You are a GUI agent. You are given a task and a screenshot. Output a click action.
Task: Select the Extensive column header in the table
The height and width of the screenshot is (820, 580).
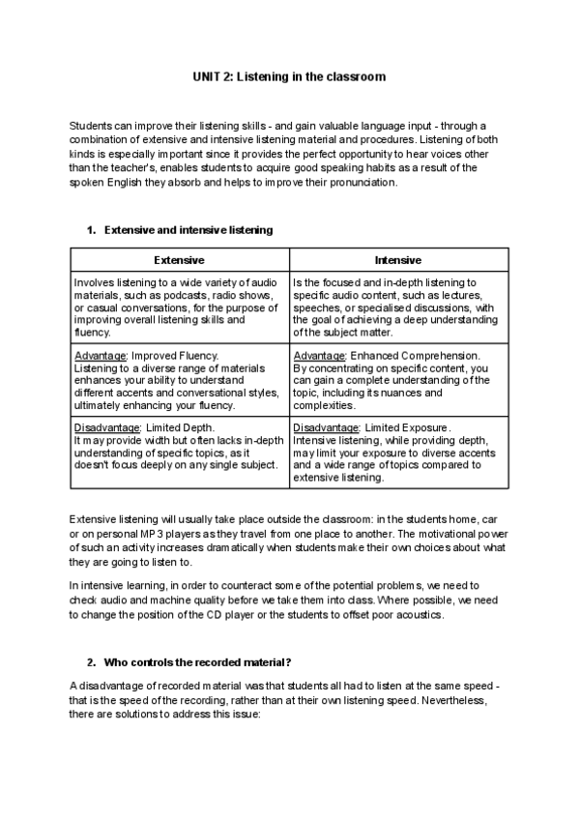click(180, 260)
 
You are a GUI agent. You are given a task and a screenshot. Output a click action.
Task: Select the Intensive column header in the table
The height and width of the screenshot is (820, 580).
click(398, 260)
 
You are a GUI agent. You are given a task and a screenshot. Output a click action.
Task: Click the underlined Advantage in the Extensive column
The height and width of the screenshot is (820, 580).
click(100, 355)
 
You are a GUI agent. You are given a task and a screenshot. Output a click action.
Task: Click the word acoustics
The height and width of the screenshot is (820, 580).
click(419, 616)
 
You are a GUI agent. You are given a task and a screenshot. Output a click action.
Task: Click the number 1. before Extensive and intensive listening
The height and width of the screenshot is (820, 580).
click(92, 230)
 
